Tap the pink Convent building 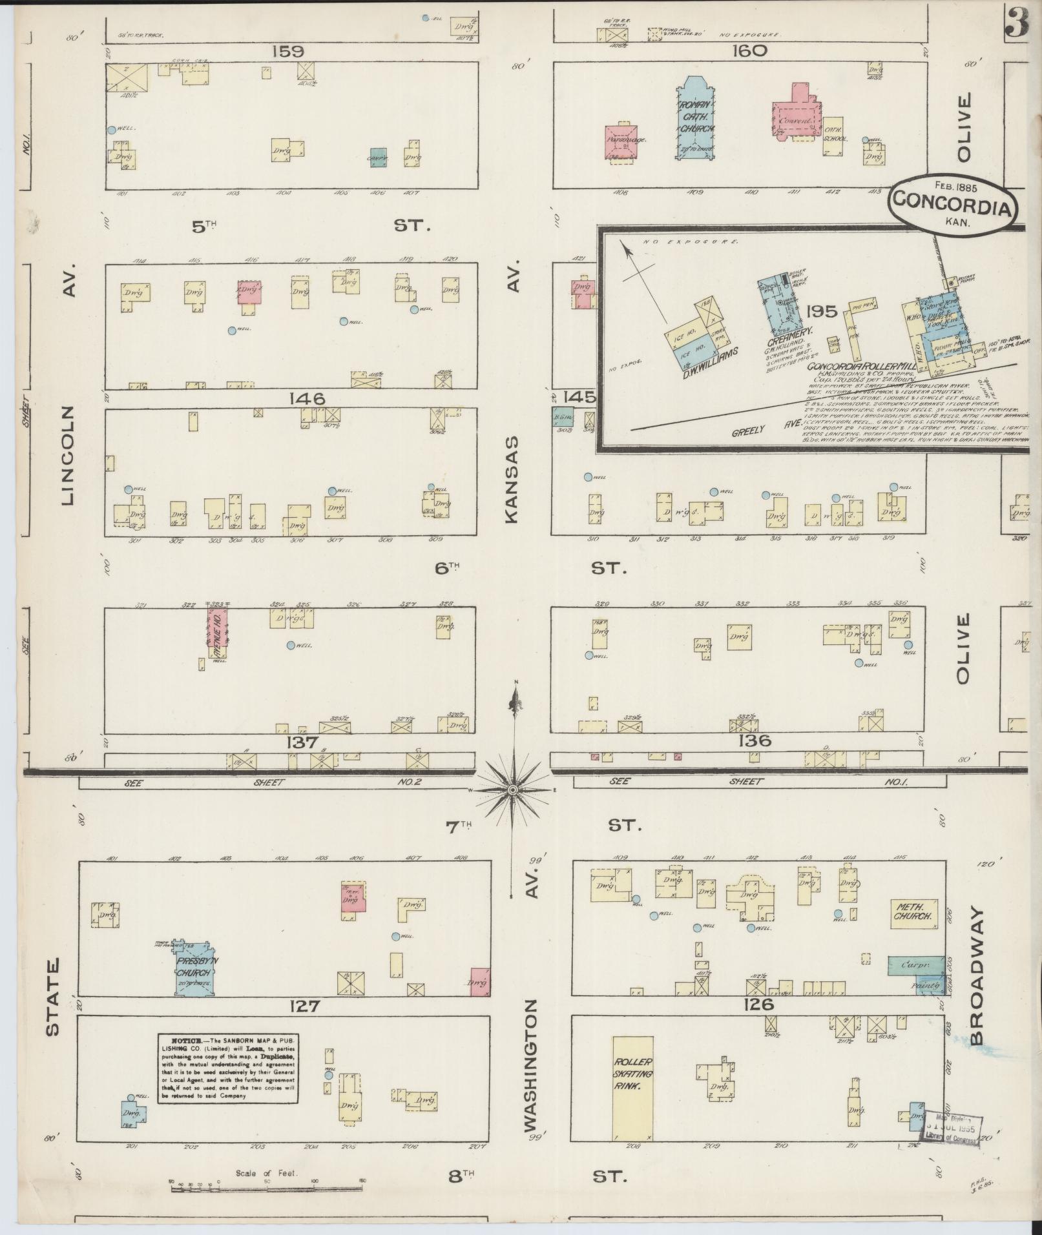pos(794,116)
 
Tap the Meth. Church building pos(914,912)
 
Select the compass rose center pos(512,789)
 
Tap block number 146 pos(307,399)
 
